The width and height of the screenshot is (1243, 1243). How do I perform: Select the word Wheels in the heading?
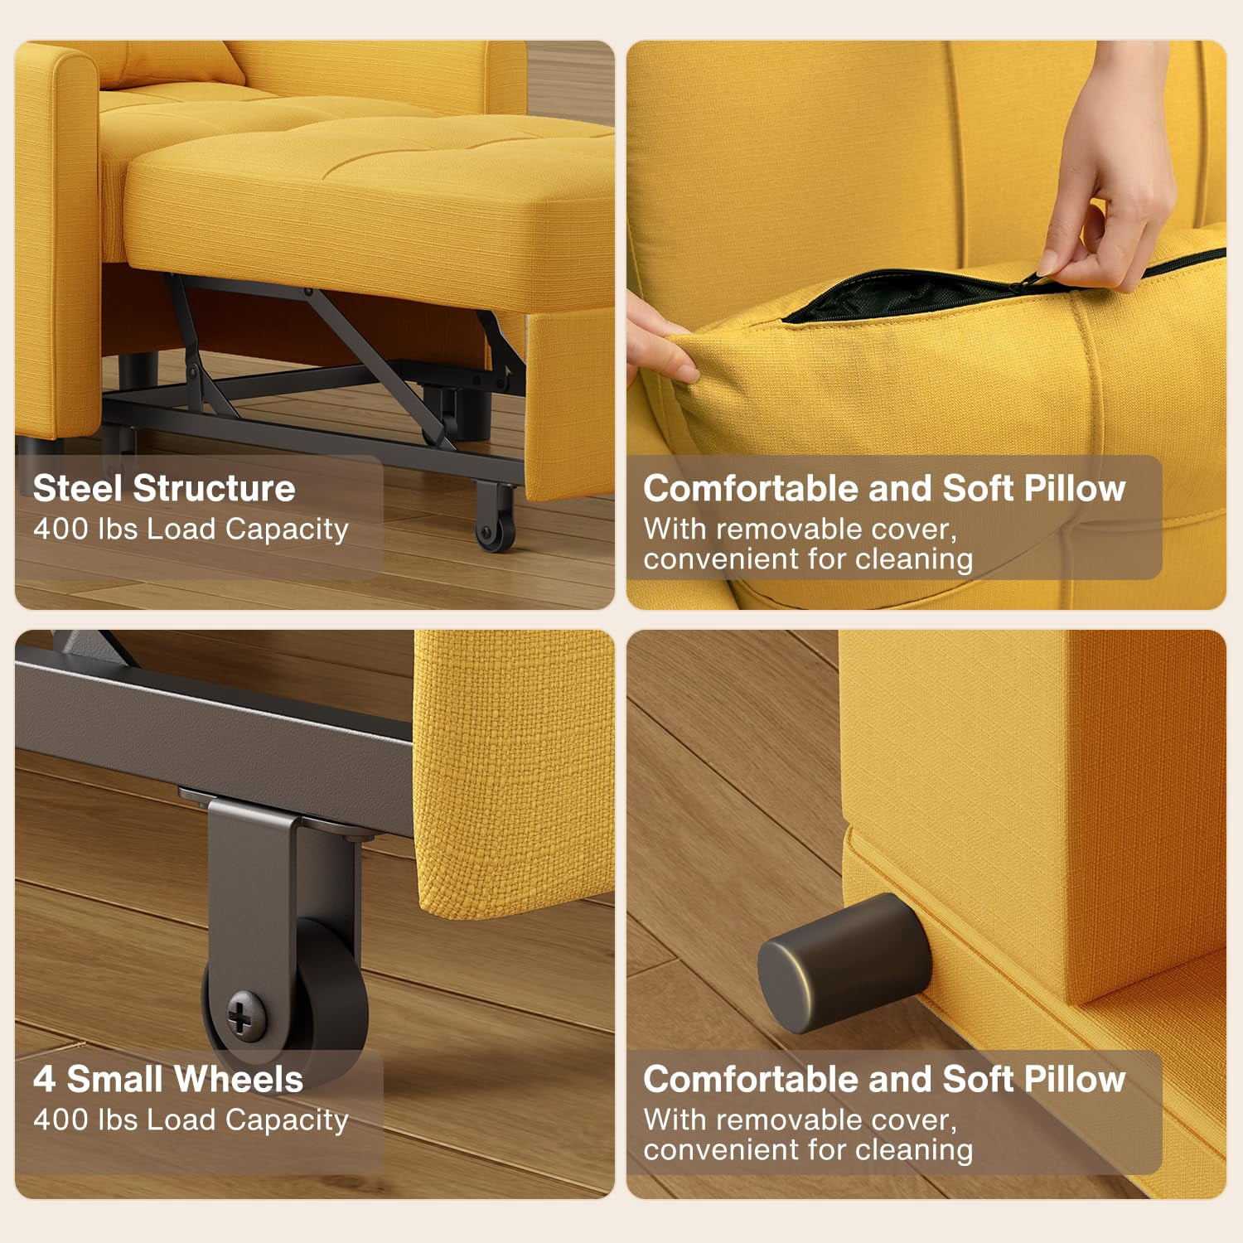coord(239,1079)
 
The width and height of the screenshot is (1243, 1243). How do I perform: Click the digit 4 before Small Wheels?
coord(44,1079)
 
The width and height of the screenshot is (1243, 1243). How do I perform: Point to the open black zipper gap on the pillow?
coord(903,295)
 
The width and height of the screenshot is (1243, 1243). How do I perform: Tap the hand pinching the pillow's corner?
coord(659,340)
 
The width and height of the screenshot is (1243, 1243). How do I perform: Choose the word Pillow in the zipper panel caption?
coord(1075,488)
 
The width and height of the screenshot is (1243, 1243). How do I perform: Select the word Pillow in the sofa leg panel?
coord(1075,1079)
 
